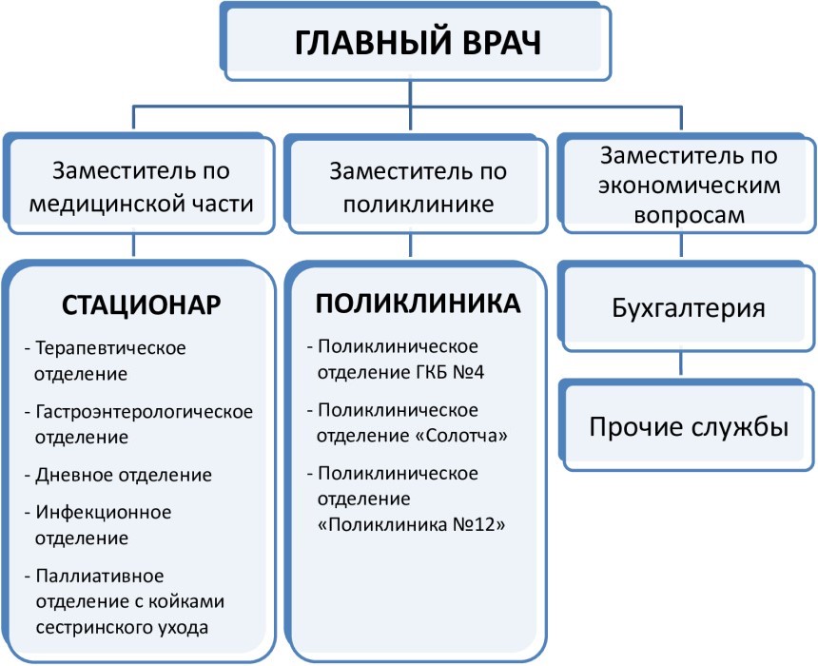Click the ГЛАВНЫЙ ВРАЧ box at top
click(x=416, y=42)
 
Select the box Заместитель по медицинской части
click(x=139, y=184)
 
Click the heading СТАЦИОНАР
click(x=142, y=304)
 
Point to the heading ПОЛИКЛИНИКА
click(x=418, y=304)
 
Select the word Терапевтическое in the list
click(x=110, y=347)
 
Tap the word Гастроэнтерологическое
click(x=144, y=412)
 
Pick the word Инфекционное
click(x=104, y=512)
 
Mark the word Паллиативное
click(x=100, y=576)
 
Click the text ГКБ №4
click(x=450, y=372)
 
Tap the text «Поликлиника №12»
click(x=412, y=524)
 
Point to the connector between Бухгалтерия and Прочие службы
click(x=681, y=363)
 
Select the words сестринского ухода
click(x=122, y=627)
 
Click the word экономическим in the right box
click(x=690, y=186)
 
